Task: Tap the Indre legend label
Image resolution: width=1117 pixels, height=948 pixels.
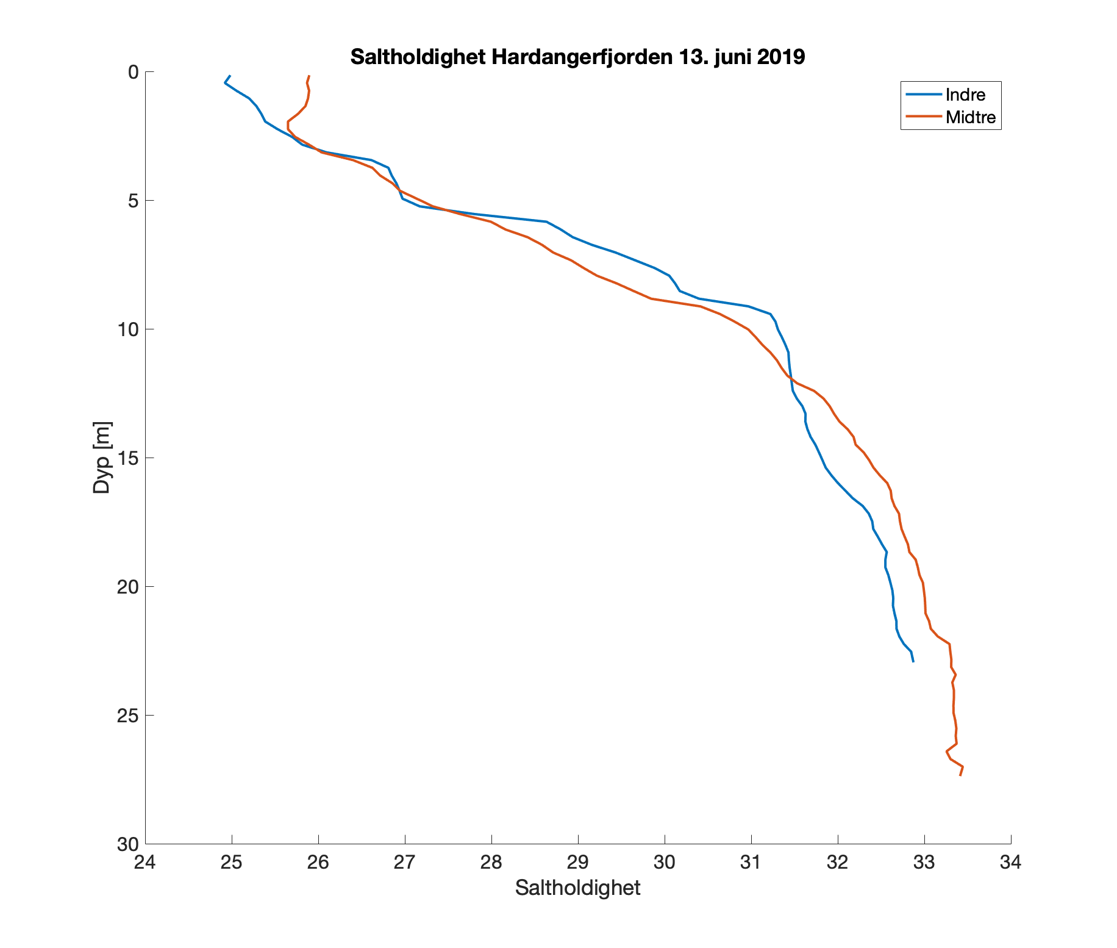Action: coord(965,95)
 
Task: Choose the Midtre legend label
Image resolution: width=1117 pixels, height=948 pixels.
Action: coord(971,117)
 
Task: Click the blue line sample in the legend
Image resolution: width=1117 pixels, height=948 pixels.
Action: coord(923,95)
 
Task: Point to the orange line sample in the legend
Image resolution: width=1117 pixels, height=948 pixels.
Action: coord(923,117)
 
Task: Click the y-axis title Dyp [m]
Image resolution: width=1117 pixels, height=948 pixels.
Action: coord(102,457)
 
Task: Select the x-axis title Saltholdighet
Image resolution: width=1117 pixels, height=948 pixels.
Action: coord(577,888)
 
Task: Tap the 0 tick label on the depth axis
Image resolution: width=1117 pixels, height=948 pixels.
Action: coord(133,72)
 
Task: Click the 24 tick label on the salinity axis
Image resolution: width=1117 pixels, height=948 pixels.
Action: coord(146,863)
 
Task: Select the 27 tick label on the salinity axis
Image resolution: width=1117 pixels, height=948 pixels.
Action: coord(405,863)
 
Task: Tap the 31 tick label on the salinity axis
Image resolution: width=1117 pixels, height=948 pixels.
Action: coord(751,863)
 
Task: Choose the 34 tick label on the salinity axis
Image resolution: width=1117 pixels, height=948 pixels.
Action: coord(1010,863)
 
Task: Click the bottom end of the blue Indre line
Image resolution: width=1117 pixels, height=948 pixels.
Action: coord(913,661)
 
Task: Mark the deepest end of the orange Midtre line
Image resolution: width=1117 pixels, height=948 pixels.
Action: coord(960,775)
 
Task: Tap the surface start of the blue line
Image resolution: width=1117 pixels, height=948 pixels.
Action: coord(230,76)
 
